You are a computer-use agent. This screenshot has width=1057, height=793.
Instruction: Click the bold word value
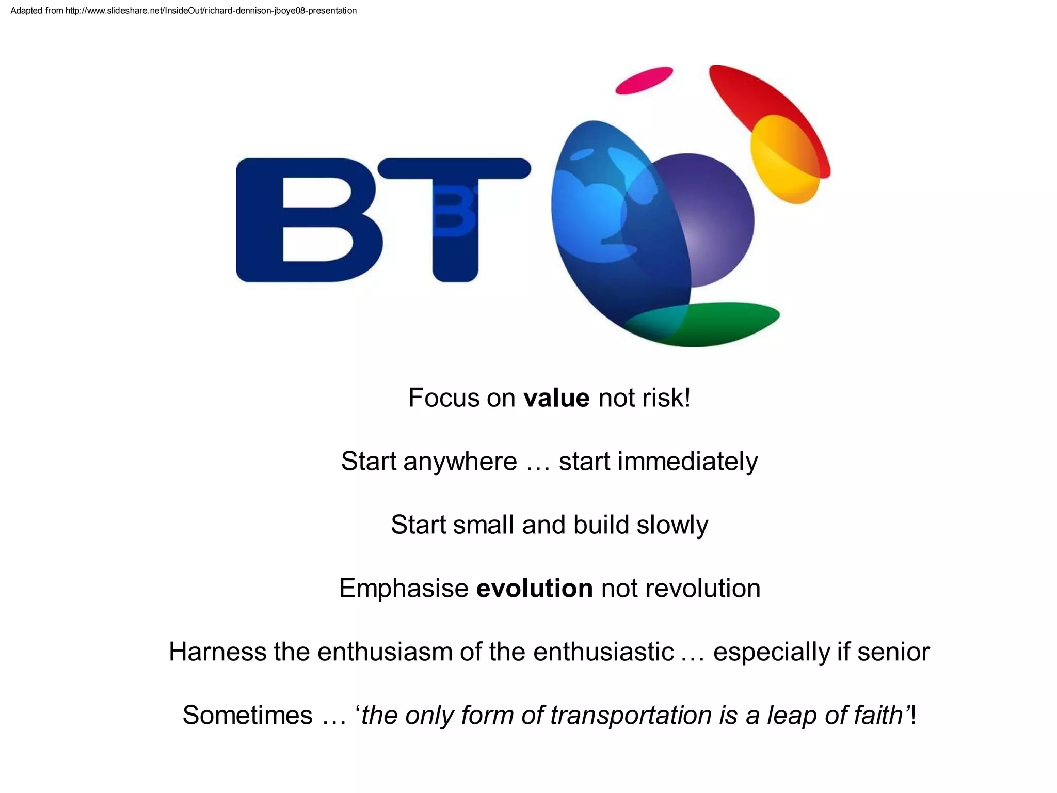point(556,398)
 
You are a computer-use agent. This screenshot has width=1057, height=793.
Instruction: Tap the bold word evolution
point(534,589)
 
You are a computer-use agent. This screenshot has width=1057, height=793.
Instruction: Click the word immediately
point(687,462)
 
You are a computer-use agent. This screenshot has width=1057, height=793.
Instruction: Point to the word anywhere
point(460,462)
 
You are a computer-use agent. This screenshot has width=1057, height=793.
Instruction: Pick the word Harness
point(217,652)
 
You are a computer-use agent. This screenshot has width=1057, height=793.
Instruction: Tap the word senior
point(893,652)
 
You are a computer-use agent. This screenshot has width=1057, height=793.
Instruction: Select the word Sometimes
point(247,716)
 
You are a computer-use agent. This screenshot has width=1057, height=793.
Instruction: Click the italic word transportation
point(631,716)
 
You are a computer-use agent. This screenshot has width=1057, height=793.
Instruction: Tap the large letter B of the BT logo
point(308,220)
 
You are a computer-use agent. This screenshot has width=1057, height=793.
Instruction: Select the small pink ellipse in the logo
point(644,81)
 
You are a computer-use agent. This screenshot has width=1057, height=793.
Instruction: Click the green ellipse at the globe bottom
point(723,323)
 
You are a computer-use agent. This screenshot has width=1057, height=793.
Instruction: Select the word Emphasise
point(404,589)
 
